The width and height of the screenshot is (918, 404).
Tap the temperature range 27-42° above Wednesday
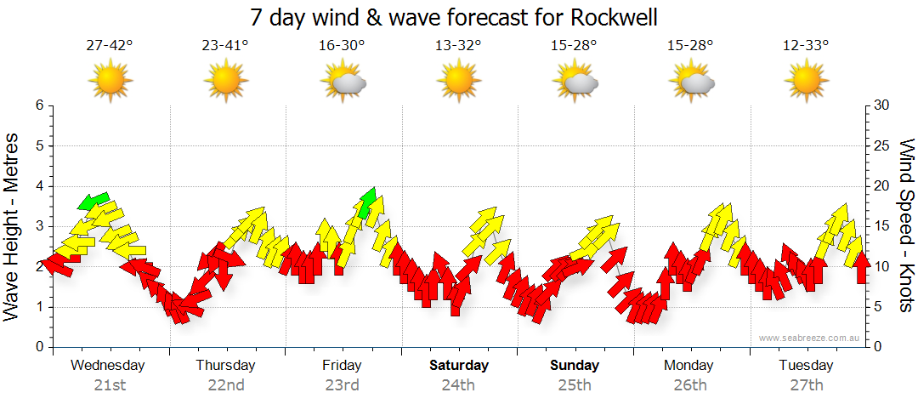(109, 46)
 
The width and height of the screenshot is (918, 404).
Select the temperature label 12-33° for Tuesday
(806, 46)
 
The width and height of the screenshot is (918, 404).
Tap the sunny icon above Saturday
(458, 82)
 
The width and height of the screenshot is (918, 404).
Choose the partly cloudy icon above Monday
(691, 82)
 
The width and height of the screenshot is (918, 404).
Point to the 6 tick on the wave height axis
(38, 105)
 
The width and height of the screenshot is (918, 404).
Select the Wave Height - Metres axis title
(12, 225)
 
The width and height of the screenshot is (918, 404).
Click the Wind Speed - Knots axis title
(906, 225)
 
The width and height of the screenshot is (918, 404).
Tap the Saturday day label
(458, 366)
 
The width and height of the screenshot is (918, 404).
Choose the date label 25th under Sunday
(575, 385)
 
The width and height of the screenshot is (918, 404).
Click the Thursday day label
(225, 366)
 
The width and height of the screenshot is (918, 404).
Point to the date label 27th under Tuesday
(807, 385)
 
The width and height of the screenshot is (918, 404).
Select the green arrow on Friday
(368, 202)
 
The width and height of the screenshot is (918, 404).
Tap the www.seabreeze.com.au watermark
(810, 338)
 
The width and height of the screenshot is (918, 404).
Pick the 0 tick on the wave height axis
(38, 347)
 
